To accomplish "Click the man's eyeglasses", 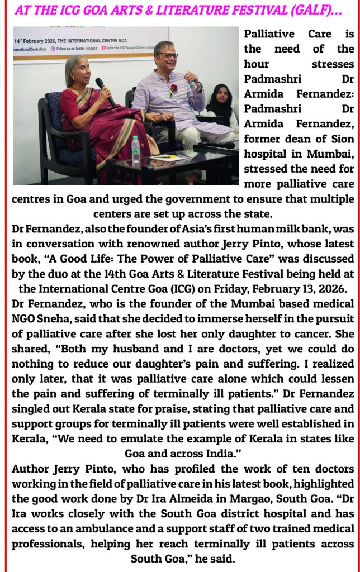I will [x=168, y=56].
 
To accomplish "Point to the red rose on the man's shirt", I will [x=173, y=88].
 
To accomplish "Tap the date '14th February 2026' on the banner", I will [x=39, y=40].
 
